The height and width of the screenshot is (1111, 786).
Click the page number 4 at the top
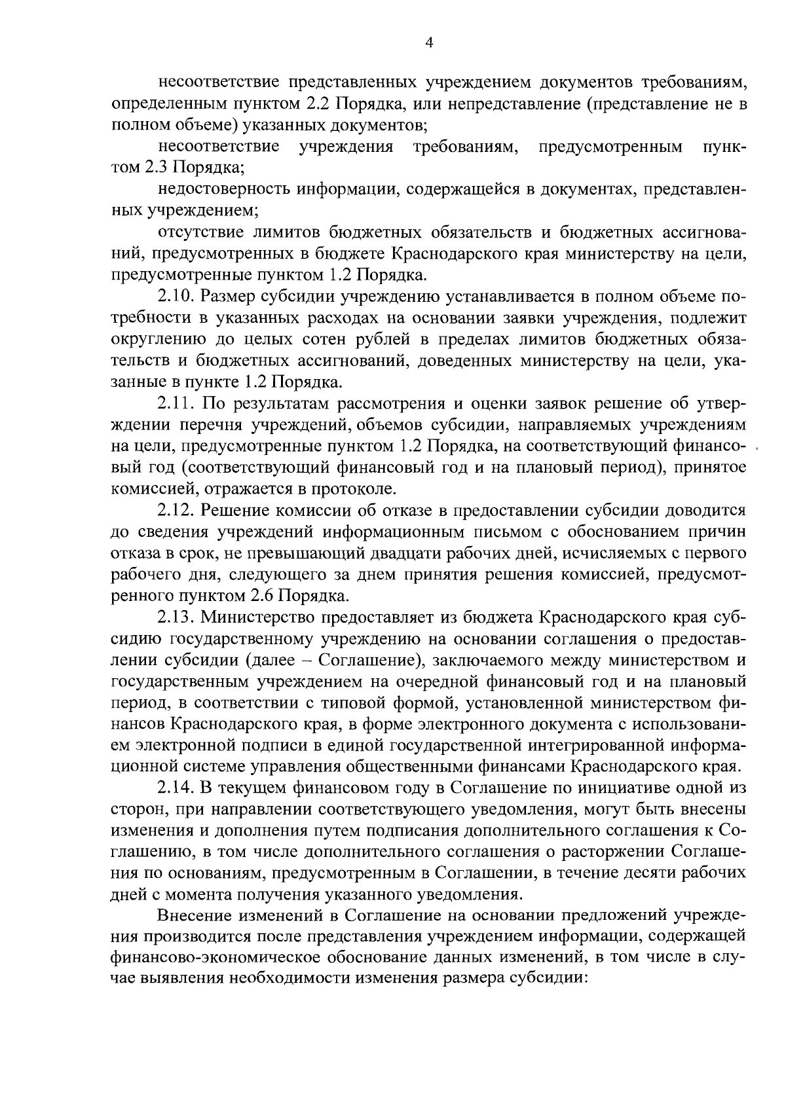click(429, 43)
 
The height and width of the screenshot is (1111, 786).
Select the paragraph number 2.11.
click(176, 403)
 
